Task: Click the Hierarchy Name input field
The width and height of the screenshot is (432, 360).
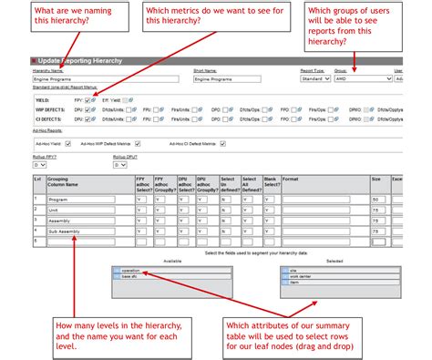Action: click(68, 79)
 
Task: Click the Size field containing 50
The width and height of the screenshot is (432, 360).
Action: click(376, 200)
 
